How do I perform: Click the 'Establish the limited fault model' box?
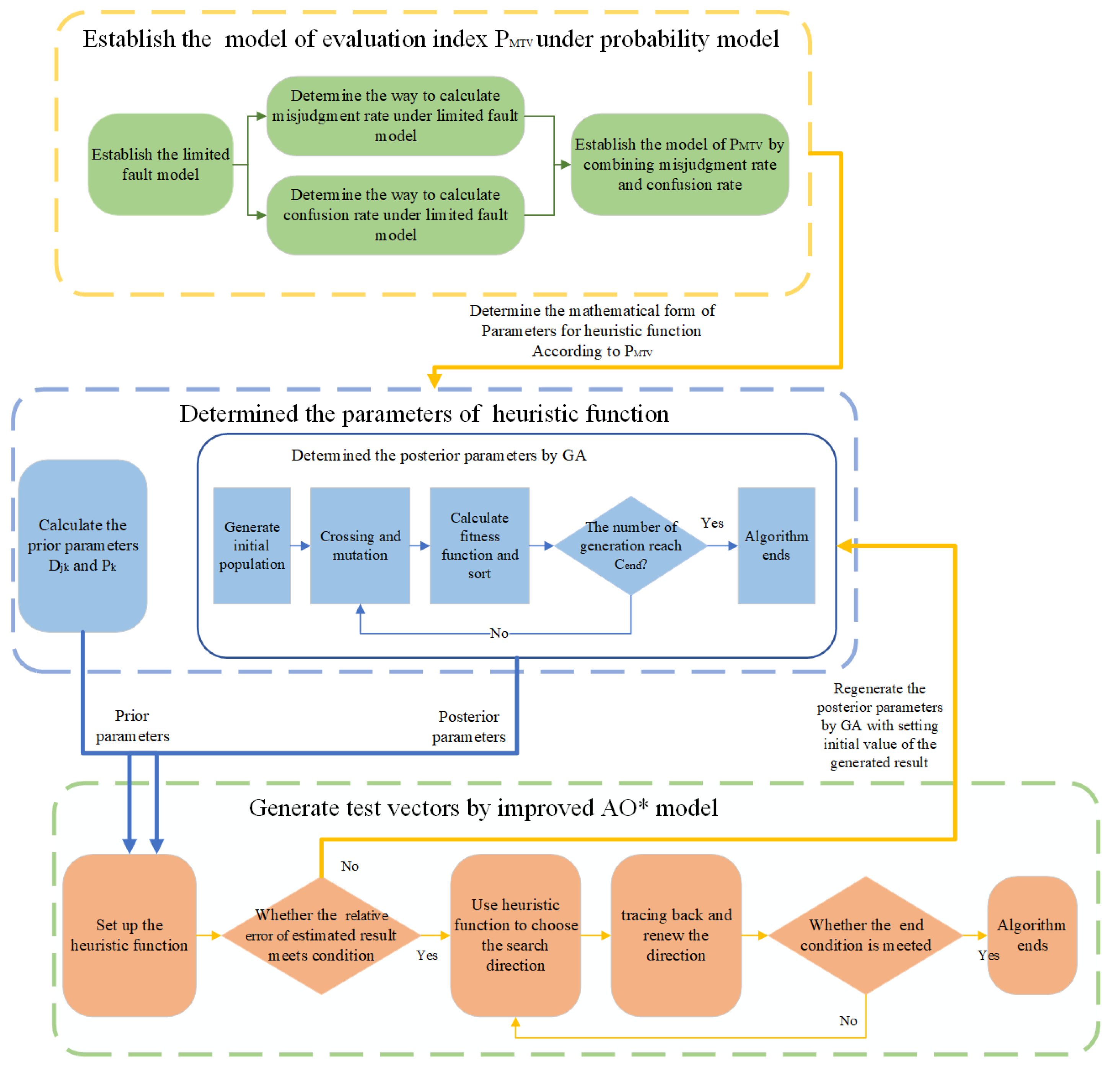coord(160,164)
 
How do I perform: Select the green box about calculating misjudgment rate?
coord(395,116)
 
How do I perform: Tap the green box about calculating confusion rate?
coord(395,215)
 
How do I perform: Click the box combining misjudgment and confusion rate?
coord(679,164)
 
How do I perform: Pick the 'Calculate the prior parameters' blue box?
coord(83,545)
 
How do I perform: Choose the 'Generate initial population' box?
coord(252,545)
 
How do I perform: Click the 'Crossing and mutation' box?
coord(360,545)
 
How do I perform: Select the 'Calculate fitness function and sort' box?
coord(479,545)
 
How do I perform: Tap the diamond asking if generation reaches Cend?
coord(630,545)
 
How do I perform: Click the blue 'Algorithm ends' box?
coord(776,545)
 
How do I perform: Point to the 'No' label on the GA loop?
coord(499,633)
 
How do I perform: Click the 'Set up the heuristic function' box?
coord(129,935)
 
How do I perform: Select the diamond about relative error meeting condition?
coord(321,935)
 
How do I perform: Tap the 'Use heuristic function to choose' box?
coord(515,935)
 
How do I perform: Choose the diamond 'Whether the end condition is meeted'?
coord(865,935)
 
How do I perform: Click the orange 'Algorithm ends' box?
coord(1032,935)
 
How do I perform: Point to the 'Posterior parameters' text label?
coord(469,726)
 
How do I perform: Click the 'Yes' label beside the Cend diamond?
coord(712,523)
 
